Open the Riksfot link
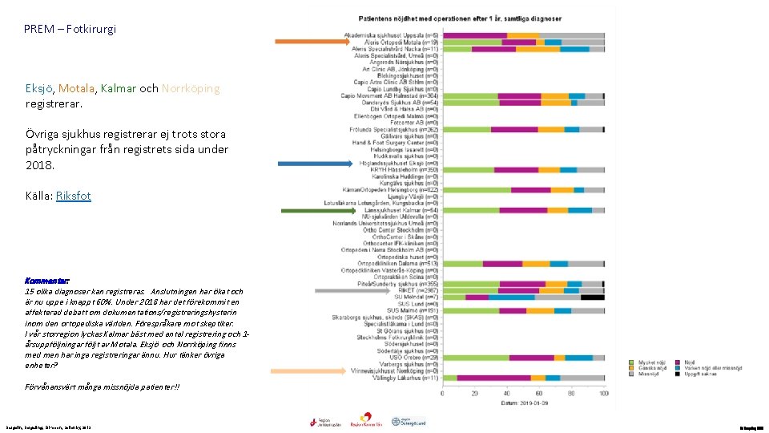[74, 196]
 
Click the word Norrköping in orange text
[191, 89]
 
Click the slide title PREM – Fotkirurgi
[70, 29]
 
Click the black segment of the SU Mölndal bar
[593, 297]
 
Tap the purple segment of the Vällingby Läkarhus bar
[493, 378]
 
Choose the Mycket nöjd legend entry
[650, 362]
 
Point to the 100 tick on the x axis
[603, 393]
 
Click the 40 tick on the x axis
[508, 393]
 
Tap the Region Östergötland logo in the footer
[409, 423]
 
